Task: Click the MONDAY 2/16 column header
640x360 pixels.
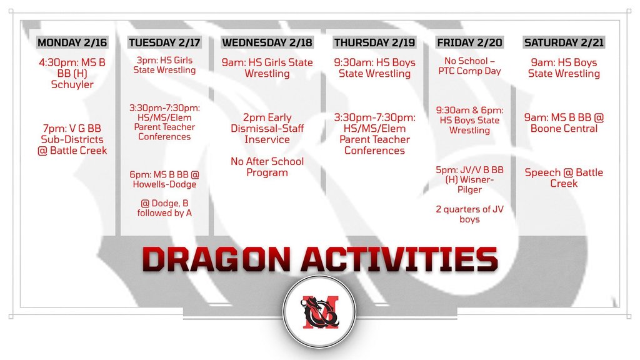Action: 72,42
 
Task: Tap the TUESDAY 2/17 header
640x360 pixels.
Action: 164,42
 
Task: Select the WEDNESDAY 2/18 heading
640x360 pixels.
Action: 267,42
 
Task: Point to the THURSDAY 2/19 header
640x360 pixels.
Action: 374,42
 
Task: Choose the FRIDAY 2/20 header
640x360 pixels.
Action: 469,42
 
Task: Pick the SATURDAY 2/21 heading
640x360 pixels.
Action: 564,42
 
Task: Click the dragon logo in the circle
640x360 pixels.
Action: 319,312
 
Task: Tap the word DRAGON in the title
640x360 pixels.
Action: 217,259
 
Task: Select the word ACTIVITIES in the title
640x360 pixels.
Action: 399,259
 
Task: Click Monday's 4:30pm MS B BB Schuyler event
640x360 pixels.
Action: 72,74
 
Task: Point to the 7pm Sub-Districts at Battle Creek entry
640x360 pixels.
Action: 72,139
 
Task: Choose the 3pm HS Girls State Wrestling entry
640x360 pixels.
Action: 164,65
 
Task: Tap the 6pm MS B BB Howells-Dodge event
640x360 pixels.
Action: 164,179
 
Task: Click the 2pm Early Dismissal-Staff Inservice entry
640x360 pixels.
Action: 267,128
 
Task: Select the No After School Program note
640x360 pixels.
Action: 267,167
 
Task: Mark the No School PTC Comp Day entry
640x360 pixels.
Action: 469,66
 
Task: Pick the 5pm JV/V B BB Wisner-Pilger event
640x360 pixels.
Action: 469,179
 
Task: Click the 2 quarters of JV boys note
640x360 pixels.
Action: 469,214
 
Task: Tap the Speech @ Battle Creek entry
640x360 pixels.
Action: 564,178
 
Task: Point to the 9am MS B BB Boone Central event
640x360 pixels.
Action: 564,123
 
